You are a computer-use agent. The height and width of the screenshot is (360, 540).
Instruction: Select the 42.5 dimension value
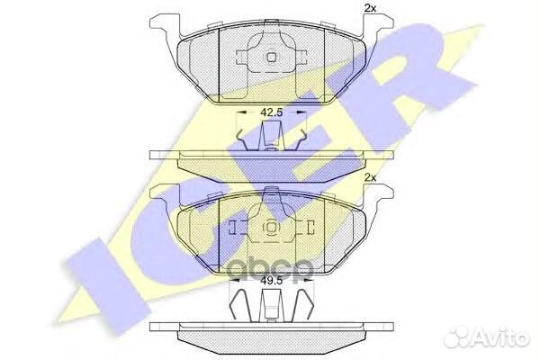tap(271, 114)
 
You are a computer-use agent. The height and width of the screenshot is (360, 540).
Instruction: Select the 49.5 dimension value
tap(271, 281)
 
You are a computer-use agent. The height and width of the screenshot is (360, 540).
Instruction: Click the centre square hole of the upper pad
tap(270, 58)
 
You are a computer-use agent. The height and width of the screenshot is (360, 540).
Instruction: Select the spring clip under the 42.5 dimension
tap(271, 139)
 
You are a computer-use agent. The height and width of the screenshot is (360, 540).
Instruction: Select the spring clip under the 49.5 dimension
tap(271, 305)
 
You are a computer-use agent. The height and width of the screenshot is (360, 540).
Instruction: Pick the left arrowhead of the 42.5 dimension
tap(238, 114)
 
